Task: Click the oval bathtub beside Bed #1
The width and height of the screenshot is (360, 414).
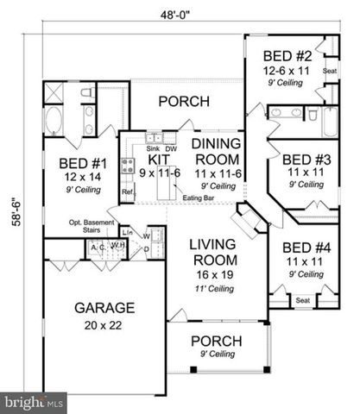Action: (x=51, y=119)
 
